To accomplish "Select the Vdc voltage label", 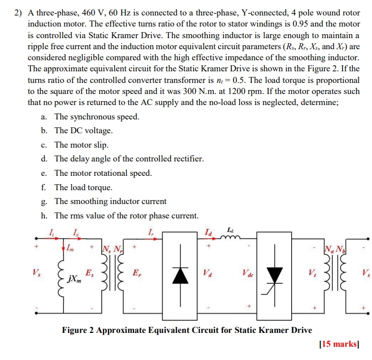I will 248,272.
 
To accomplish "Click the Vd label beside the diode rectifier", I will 208,272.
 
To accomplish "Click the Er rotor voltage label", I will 136,273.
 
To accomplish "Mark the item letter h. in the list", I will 44,216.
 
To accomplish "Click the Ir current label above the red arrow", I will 151,231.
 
